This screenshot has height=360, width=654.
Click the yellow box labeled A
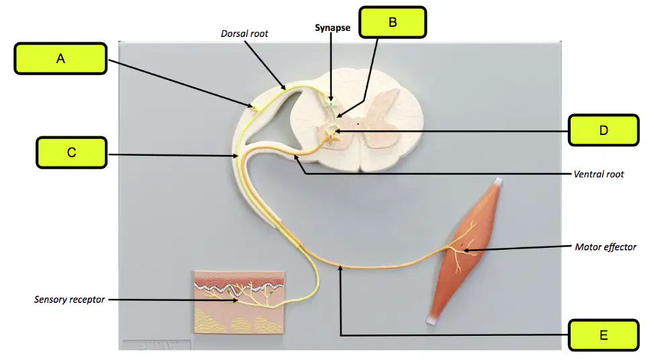pos(60,58)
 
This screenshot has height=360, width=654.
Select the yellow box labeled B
pos(393,22)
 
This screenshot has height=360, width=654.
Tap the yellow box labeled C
pos(71,152)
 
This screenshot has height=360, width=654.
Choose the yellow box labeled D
pos(604,130)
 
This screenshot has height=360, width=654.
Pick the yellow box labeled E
pos(604,335)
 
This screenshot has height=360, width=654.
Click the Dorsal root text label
pos(245,34)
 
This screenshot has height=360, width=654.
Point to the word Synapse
pos(333,28)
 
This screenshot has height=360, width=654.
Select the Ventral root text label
pos(598,174)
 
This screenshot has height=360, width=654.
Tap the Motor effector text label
pos(606,247)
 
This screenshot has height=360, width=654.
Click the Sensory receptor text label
pos(69,300)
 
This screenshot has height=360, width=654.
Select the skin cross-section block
pos(239,302)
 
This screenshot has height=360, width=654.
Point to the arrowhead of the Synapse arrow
pos(331,99)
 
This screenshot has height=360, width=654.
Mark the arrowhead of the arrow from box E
pos(340,268)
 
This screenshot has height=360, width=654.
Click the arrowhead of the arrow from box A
pos(251,106)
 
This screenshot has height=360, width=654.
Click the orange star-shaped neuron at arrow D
pos(331,136)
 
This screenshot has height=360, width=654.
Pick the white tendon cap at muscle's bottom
pos(432,320)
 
